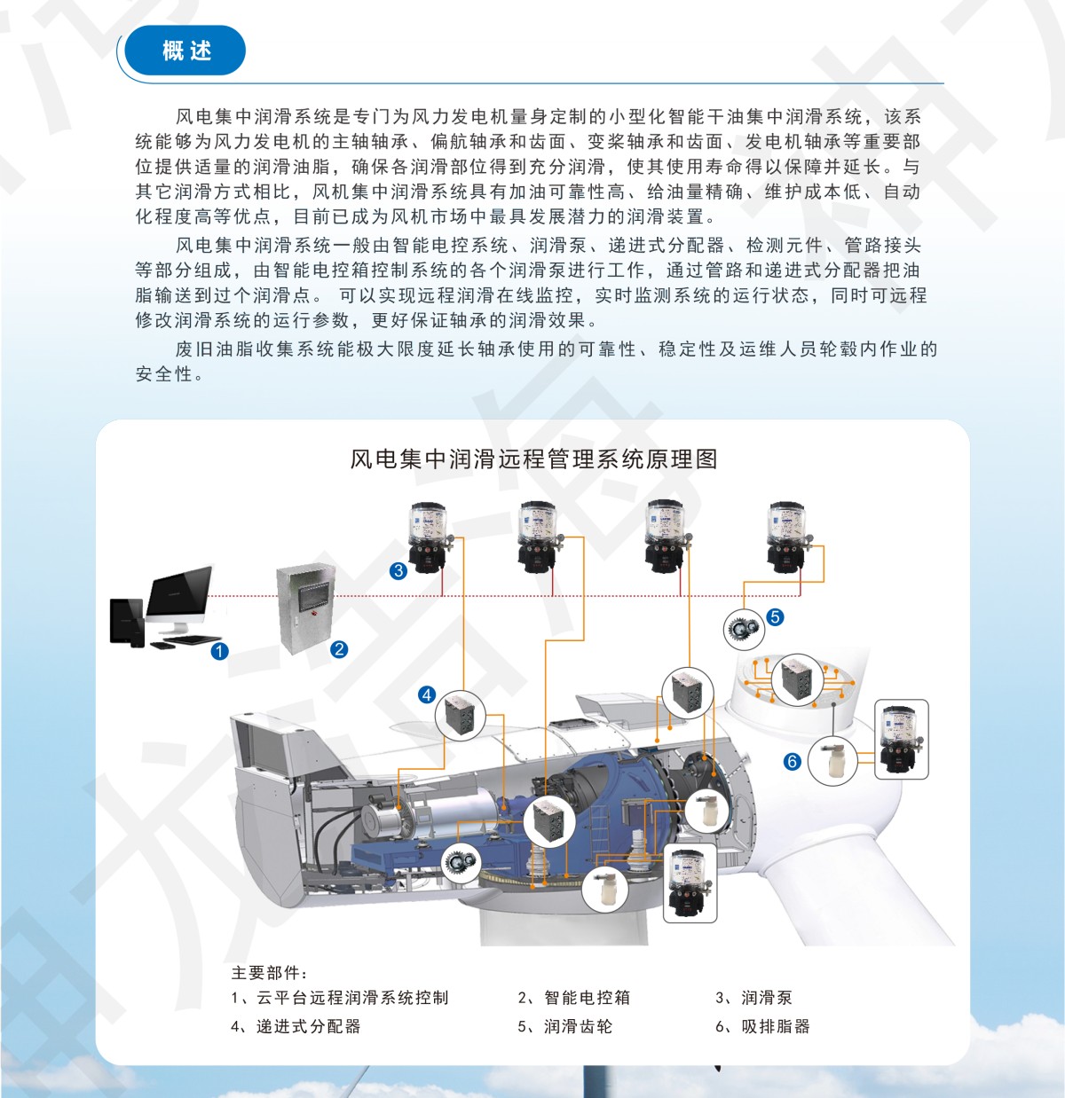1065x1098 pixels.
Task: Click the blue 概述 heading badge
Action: (185, 51)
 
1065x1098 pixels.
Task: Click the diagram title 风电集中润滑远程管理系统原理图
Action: (533, 459)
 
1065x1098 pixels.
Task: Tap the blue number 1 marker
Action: (219, 651)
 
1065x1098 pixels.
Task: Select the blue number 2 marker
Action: (338, 649)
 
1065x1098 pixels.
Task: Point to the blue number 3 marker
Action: (398, 571)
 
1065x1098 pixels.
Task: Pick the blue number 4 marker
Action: (427, 694)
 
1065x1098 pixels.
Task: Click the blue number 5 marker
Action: (775, 616)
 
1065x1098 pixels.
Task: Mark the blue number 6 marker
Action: (793, 761)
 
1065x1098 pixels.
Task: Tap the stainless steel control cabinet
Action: (305, 607)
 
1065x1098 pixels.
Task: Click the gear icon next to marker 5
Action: (744, 629)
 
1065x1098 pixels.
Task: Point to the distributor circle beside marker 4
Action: (461, 714)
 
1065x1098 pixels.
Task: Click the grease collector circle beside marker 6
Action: (832, 760)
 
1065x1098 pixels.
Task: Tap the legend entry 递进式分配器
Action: (308, 1026)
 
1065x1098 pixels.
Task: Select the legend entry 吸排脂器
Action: (776, 1026)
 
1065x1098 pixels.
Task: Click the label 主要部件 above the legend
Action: (268, 973)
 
